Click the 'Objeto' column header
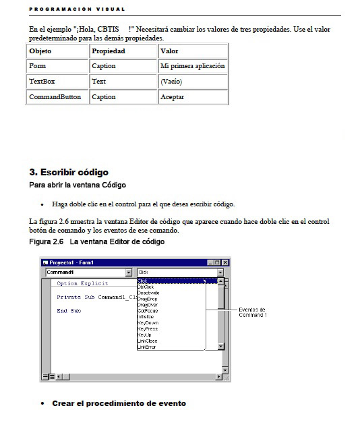point(40,51)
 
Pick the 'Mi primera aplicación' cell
point(193,66)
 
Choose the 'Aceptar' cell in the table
point(172,97)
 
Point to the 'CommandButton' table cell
point(55,97)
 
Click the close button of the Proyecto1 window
point(225,262)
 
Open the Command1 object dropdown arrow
point(129,272)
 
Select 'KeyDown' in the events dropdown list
point(147,322)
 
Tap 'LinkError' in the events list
point(147,347)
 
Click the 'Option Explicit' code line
point(82,283)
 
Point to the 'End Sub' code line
point(69,310)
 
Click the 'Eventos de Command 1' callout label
point(253,312)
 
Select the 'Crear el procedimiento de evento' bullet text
point(119,403)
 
